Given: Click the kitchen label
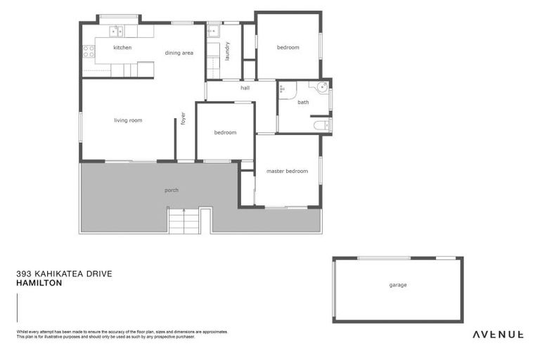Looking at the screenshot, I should (122, 48).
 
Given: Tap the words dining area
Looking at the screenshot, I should (179, 53).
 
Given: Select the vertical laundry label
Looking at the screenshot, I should (228, 51).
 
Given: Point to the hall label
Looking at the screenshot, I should (245, 89).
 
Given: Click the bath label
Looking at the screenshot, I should (303, 103).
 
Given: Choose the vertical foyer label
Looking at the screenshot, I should (183, 119).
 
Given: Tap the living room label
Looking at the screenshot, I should (128, 120).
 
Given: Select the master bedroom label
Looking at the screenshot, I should (287, 172).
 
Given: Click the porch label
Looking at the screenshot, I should (172, 191).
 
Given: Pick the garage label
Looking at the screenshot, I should (398, 285).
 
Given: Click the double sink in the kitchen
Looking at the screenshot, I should (117, 31).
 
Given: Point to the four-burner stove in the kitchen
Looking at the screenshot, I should (89, 51).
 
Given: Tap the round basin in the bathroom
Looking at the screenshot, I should (321, 88).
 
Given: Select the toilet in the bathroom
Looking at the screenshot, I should (321, 126).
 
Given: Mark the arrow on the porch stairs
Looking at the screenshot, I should (184, 211).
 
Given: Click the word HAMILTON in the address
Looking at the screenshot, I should (39, 283).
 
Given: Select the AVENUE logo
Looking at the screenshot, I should (497, 335).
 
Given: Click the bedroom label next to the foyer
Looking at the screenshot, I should (225, 132).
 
